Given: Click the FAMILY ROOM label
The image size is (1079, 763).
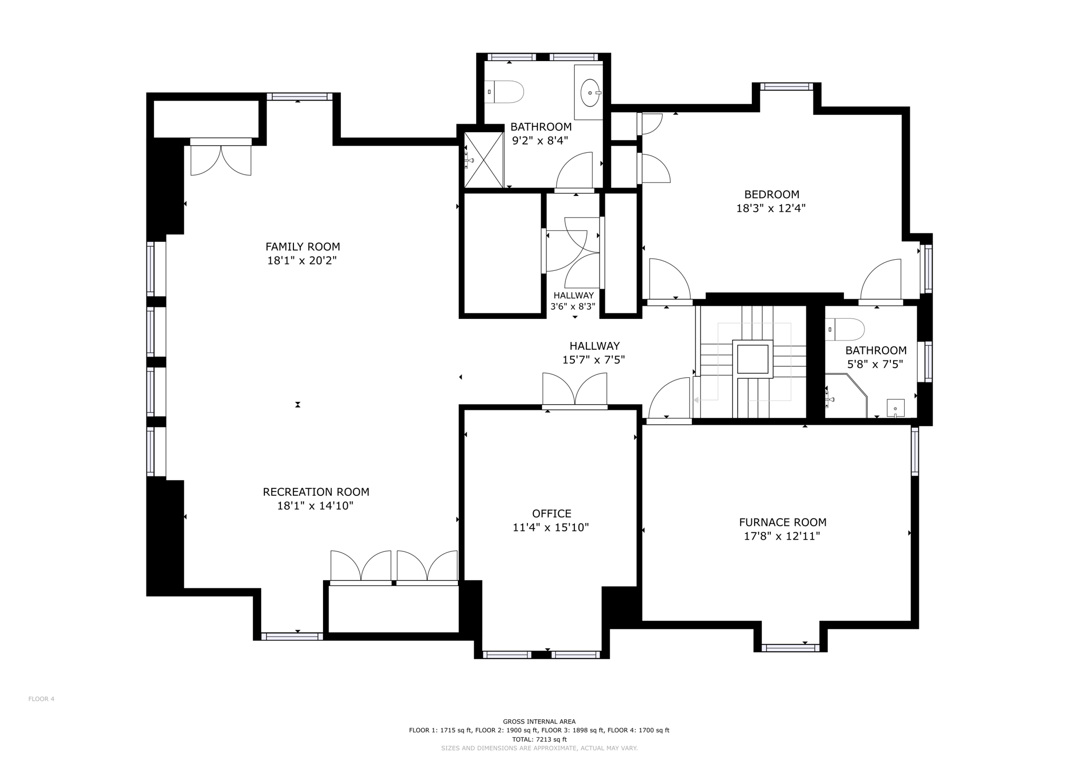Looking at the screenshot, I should pyautogui.click(x=302, y=247).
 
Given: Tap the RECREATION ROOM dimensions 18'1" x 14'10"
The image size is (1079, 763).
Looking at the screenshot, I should pyautogui.click(x=315, y=506).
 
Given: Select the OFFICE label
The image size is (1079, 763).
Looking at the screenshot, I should pyautogui.click(x=551, y=513).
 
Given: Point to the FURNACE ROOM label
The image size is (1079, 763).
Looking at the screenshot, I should pyautogui.click(x=782, y=522).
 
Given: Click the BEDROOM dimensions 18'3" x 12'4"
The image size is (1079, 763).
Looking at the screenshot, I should pyautogui.click(x=771, y=208).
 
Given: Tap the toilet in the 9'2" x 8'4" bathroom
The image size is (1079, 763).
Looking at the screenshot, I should pyautogui.click(x=505, y=92).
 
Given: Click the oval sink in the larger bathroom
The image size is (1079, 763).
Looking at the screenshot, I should pyautogui.click(x=590, y=93).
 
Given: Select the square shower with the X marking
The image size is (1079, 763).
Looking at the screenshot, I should pyautogui.click(x=483, y=160).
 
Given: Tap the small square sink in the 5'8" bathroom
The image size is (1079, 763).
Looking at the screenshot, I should pyautogui.click(x=895, y=408).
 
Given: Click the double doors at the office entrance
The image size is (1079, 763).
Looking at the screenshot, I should pyautogui.click(x=574, y=390).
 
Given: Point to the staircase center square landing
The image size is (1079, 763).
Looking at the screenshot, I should pyautogui.click(x=752, y=359).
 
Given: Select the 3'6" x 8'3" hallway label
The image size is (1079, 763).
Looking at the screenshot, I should pyautogui.click(x=573, y=301).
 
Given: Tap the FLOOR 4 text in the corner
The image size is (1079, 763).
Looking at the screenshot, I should pyautogui.click(x=41, y=699).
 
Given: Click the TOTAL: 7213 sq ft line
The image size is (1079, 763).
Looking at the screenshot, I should pyautogui.click(x=539, y=739).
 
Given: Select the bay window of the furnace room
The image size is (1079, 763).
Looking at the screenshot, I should pyautogui.click(x=790, y=648).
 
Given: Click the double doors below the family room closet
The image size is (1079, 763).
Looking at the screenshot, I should pyautogui.click(x=221, y=160).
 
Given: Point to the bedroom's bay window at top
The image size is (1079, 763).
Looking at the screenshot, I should pyautogui.click(x=786, y=86).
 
